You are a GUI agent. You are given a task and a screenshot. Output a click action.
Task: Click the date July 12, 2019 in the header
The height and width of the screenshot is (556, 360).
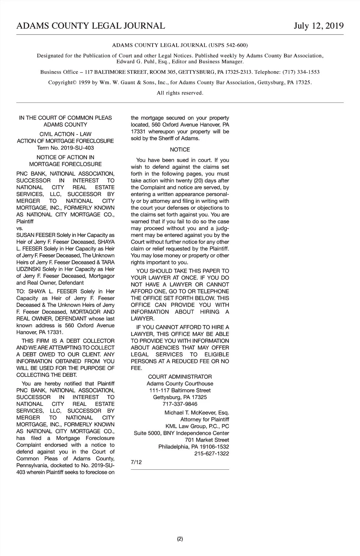pyautogui.click(x=319, y=26)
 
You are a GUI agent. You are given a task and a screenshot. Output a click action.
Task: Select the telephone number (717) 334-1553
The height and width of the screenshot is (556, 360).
pyautogui.click(x=301, y=72)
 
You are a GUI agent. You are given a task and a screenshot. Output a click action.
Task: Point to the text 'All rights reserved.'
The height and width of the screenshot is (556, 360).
pyautogui.click(x=180, y=93)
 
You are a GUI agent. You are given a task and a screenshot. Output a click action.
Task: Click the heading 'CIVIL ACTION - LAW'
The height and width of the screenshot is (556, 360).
pyautogui.click(x=65, y=134)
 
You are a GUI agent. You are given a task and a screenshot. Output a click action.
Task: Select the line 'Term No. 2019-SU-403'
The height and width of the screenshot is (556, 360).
pyautogui.click(x=65, y=148)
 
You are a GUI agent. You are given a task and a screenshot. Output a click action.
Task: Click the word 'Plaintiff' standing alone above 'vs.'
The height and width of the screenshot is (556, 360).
pyautogui.click(x=25, y=222)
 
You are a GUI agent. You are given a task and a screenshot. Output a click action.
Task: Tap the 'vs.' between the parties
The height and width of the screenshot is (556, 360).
pyautogui.click(x=19, y=228)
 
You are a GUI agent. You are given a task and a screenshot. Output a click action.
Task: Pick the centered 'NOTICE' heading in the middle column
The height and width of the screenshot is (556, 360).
pyautogui.click(x=180, y=150)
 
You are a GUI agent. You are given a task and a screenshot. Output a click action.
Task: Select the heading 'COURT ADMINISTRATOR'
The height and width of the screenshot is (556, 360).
pyautogui.click(x=180, y=377)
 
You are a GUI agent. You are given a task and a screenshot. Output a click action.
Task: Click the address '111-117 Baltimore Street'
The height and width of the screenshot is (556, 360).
pyautogui.click(x=180, y=391)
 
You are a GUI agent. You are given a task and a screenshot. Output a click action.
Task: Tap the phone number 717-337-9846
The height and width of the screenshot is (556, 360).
pyautogui.click(x=180, y=404)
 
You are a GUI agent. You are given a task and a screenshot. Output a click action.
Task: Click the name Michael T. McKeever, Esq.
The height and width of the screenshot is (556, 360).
pyautogui.click(x=196, y=413)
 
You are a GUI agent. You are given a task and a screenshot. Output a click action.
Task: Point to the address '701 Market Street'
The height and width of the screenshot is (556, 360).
pyautogui.click(x=207, y=440)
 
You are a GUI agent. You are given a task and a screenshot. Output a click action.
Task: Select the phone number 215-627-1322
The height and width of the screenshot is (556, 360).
pyautogui.click(x=211, y=454)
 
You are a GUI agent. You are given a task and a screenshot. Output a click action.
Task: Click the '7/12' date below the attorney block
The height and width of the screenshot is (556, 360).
pyautogui.click(x=136, y=462)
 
